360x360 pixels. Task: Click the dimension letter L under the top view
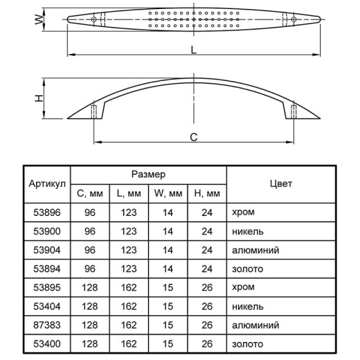tap(194, 50)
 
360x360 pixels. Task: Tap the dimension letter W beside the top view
tap(39, 19)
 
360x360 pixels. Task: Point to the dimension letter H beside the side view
tap(39, 98)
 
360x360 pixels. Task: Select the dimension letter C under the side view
tap(194, 137)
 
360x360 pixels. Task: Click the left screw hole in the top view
tap(93, 19)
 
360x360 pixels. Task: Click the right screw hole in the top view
tap(294, 19)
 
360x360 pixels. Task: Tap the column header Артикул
tap(47, 184)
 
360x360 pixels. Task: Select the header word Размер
tap(148, 174)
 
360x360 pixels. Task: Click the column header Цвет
tap(281, 184)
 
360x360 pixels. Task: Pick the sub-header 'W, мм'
tap(168, 193)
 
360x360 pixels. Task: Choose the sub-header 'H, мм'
tap(207, 193)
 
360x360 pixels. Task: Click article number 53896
tap(47, 213)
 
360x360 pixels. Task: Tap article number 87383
tap(47, 325)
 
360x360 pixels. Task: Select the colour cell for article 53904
tap(255, 250)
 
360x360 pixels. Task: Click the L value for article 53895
tap(129, 287)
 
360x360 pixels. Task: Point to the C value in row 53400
tap(90, 344)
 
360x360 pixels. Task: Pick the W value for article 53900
tap(168, 231)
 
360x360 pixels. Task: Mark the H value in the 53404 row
tap(207, 307)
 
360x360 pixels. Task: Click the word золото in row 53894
tap(247, 269)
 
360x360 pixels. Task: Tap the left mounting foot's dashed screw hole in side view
tap(93, 112)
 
